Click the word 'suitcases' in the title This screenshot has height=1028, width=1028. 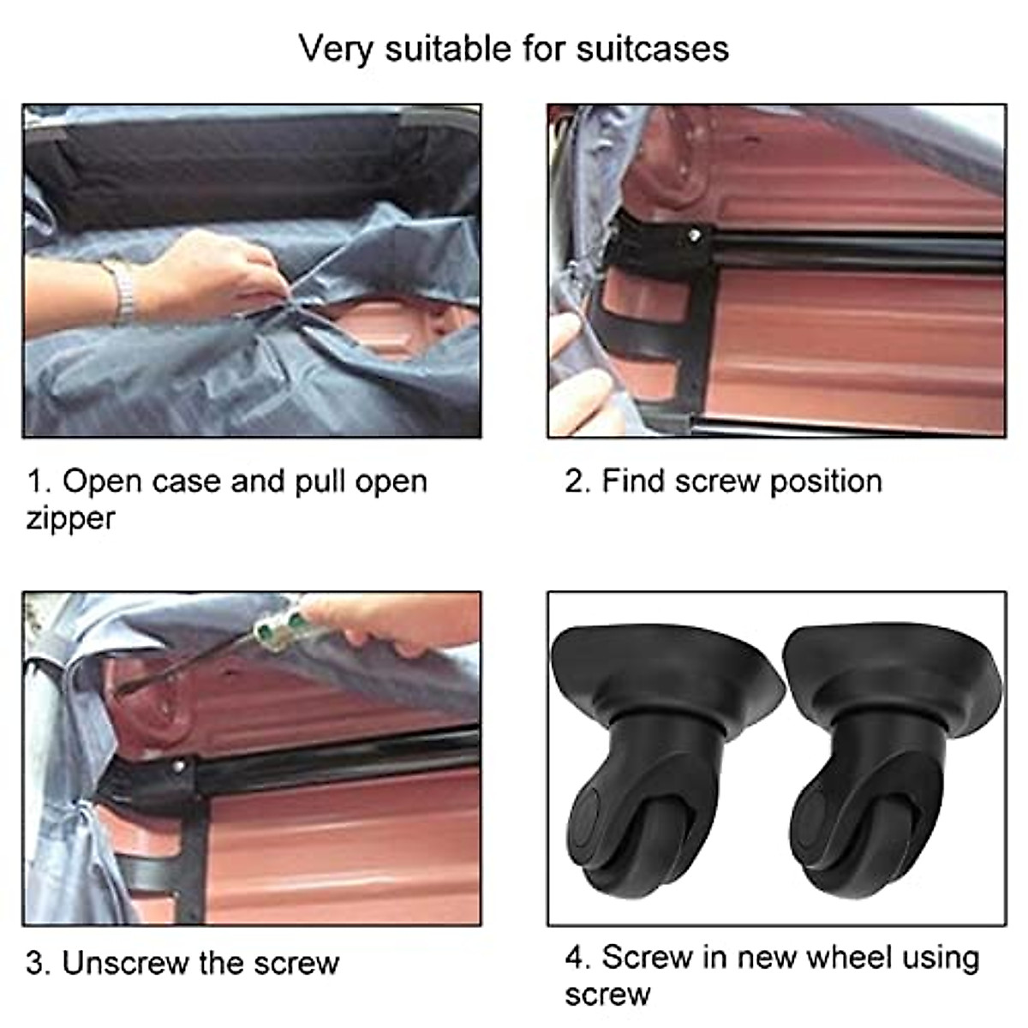(x=653, y=49)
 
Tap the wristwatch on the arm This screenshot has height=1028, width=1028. (x=123, y=289)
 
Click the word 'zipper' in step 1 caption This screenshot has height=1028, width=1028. (x=70, y=519)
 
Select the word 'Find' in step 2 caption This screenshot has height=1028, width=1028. (x=634, y=481)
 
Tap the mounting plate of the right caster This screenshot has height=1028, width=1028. (x=891, y=660)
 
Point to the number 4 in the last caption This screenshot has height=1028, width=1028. (x=574, y=958)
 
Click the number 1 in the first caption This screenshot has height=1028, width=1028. (x=34, y=481)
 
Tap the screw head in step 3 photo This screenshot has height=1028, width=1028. (x=179, y=768)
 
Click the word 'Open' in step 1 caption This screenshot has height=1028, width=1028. (x=103, y=481)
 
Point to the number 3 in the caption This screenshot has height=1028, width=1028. (x=35, y=963)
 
